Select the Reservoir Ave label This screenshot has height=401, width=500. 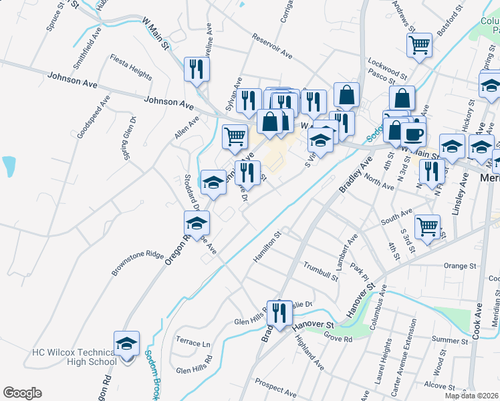[x=272, y=45]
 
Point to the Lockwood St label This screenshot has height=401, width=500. [x=387, y=68]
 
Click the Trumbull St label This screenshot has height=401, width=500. [x=320, y=269]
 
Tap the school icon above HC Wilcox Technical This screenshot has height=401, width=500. [x=126, y=344]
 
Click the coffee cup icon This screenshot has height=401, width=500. [x=414, y=134]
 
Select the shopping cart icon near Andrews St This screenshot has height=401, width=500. [x=419, y=45]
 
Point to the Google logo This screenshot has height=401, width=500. [x=23, y=393]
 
